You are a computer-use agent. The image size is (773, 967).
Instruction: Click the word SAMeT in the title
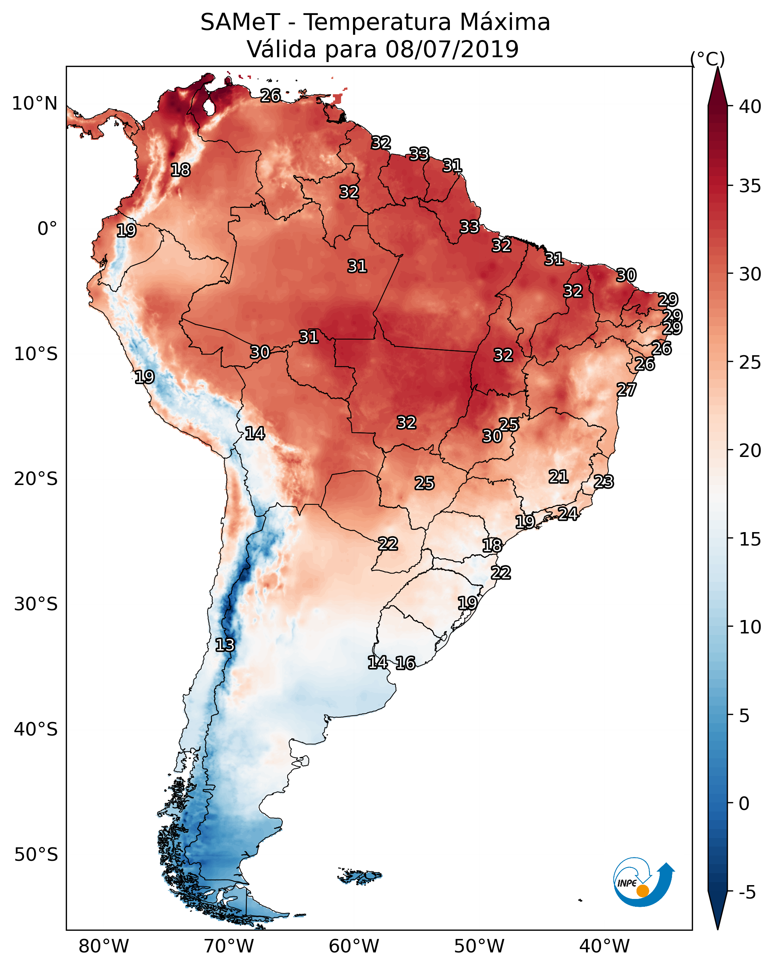tap(240, 22)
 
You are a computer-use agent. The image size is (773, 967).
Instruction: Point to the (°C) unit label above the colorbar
tap(707, 59)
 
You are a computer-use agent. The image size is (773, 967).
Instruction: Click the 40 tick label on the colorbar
tap(750, 107)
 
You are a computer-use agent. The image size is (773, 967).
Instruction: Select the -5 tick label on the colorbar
tap(746, 893)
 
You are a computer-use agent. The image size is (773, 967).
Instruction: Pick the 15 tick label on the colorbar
tap(750, 539)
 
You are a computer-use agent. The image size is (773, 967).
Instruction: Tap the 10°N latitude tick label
tap(34, 104)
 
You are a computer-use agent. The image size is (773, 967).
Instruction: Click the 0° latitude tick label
tap(47, 229)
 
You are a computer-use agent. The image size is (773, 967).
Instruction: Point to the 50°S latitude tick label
tap(36, 855)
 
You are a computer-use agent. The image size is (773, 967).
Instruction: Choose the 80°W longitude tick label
tap(104, 946)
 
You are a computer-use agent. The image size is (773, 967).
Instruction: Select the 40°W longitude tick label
tap(604, 946)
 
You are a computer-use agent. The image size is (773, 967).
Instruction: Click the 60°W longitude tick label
tap(354, 946)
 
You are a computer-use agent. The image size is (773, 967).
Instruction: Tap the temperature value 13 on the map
tap(225, 645)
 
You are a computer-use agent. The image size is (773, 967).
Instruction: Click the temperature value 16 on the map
tap(405, 663)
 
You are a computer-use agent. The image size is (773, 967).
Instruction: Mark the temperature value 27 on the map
tap(626, 390)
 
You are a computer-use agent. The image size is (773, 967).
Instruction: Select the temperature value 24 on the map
tap(568, 513)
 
